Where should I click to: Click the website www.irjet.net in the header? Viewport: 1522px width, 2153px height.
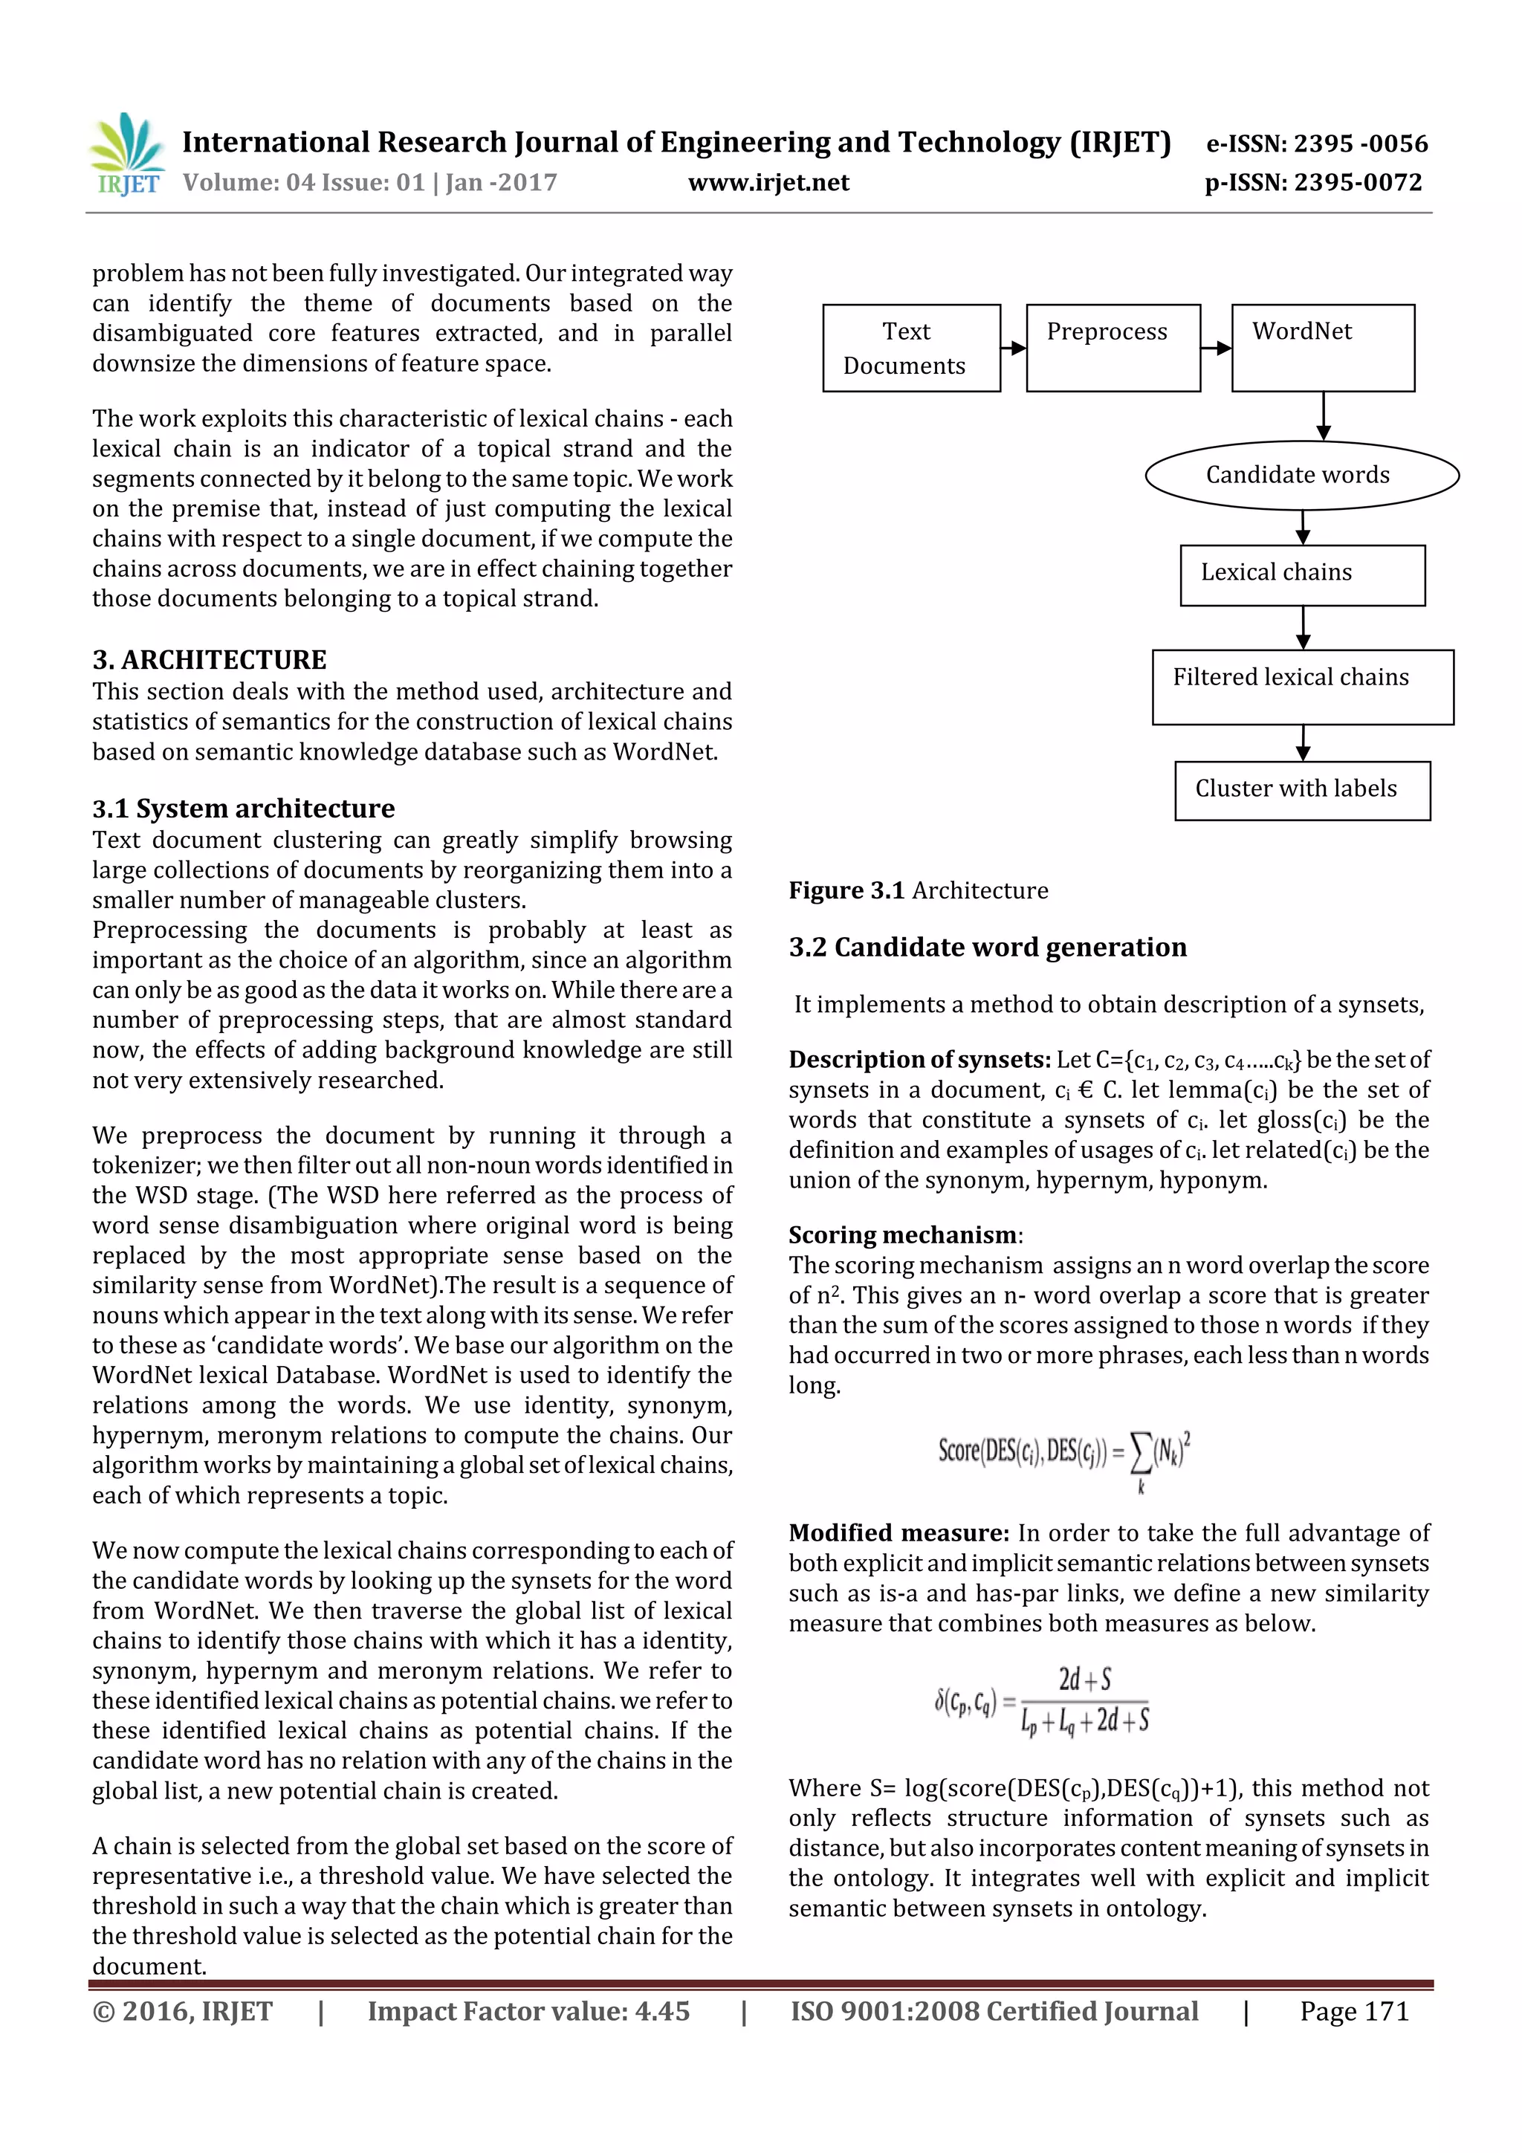click(x=768, y=182)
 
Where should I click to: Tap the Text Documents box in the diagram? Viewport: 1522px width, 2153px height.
click(x=910, y=348)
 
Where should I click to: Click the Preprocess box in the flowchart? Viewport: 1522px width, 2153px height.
click(x=1113, y=348)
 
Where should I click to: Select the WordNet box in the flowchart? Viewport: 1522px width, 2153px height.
click(x=1321, y=348)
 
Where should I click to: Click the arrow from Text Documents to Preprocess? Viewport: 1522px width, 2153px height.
click(x=1013, y=348)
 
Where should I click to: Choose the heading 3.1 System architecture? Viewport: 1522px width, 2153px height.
click(x=243, y=809)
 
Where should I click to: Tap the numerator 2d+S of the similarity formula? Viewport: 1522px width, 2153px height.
click(x=1084, y=1680)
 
